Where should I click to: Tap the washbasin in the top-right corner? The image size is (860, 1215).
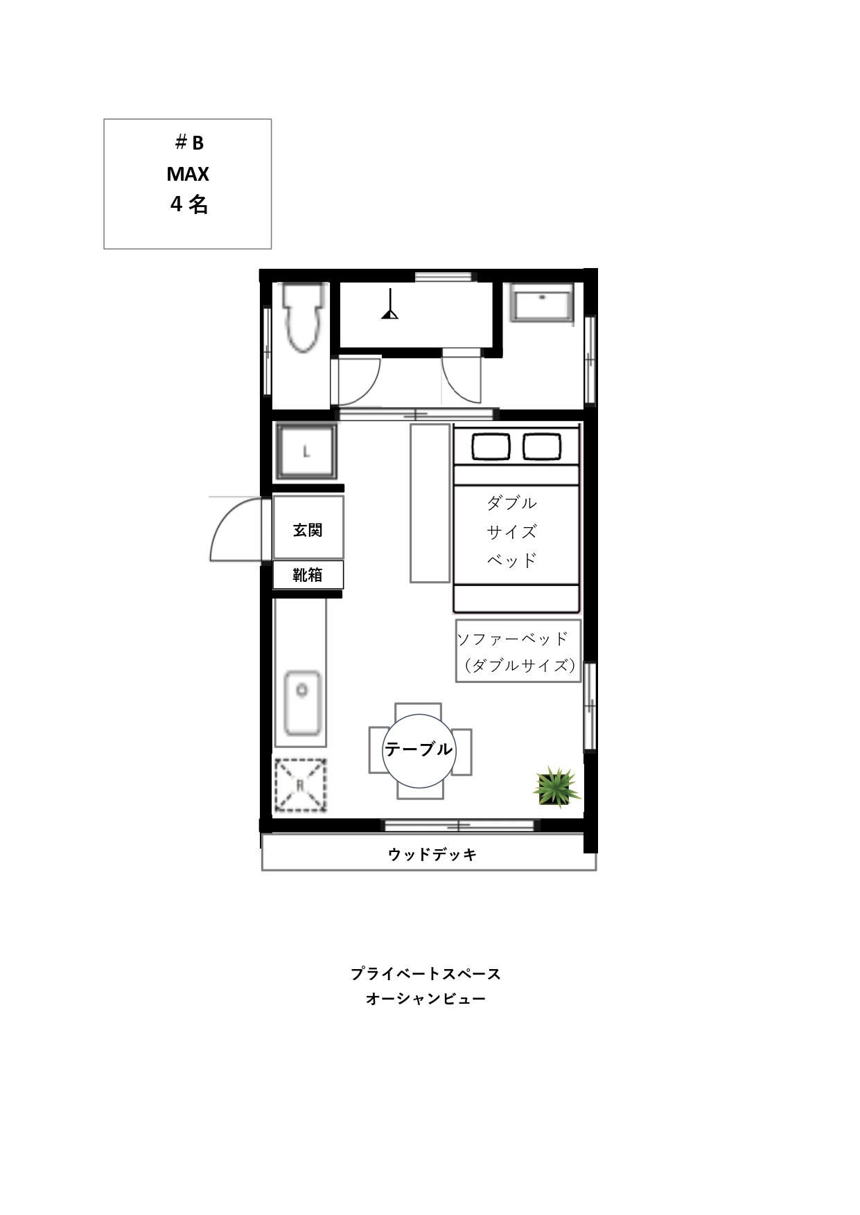click(x=542, y=302)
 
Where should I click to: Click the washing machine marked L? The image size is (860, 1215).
click(x=306, y=452)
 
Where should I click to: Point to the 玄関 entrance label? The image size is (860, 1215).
click(x=308, y=530)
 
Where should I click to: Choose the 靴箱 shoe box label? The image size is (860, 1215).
click(x=308, y=575)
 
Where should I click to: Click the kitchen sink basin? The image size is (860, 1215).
click(x=302, y=703)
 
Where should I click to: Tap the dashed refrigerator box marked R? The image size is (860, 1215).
click(x=301, y=785)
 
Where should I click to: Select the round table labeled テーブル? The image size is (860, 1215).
click(x=419, y=750)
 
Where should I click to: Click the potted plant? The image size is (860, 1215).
click(x=556, y=786)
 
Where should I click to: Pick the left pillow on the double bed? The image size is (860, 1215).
click(x=491, y=446)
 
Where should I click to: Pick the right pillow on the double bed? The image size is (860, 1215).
click(x=542, y=446)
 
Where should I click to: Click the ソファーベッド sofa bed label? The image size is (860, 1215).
click(x=514, y=638)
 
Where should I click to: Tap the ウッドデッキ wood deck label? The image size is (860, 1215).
click(x=432, y=855)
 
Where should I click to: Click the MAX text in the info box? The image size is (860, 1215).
click(x=188, y=174)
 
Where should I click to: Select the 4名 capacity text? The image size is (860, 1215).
click(x=188, y=204)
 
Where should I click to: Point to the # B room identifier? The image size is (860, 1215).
click(x=189, y=143)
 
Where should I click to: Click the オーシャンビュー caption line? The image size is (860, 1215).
click(x=425, y=999)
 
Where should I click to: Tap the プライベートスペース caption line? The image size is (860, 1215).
click(x=425, y=973)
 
